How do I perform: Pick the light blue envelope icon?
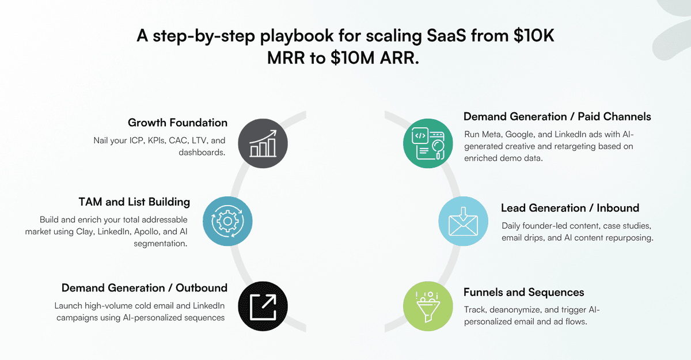click(x=463, y=221)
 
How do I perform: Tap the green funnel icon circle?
click(x=428, y=305)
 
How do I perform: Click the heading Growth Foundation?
click(x=177, y=123)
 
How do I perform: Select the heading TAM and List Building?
click(x=134, y=202)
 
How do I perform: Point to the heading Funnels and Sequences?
click(x=523, y=292)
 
